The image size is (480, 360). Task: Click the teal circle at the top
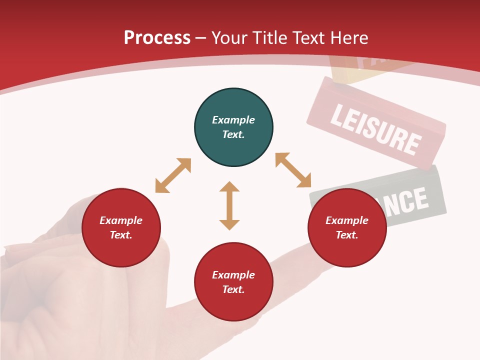click(233, 127)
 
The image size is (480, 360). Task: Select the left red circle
click(121, 228)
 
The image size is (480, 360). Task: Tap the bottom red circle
click(233, 282)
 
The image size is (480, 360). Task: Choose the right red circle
click(347, 228)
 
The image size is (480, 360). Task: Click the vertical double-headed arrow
click(229, 205)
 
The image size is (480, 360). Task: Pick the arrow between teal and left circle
click(173, 175)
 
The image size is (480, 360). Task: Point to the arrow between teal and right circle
click(293, 170)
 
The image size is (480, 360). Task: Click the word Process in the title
click(157, 38)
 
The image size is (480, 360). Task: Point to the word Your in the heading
click(229, 38)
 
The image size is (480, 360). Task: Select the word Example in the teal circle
click(233, 120)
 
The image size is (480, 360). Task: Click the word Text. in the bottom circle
click(233, 289)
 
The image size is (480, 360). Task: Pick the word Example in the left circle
click(121, 220)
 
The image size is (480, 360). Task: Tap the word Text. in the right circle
click(347, 235)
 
